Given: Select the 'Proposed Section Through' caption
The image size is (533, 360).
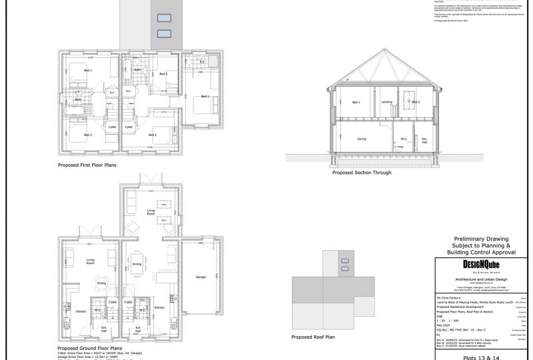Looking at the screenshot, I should pos(361,172).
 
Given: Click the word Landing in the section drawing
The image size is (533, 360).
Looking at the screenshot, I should pos(386,102).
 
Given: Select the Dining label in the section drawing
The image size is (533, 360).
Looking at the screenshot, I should pos(362,139).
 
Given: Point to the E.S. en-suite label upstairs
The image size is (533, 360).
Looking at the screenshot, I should pos(201,62).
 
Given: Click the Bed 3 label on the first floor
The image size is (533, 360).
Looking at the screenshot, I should pos(163,74).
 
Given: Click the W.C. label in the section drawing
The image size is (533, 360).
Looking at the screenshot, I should pos(404,139).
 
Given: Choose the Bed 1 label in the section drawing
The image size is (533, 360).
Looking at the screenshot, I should pos(356,102).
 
